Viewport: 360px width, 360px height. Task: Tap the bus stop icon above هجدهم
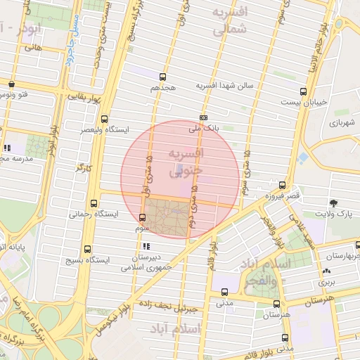point(163,77)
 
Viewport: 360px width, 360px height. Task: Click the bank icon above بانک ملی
point(203,118)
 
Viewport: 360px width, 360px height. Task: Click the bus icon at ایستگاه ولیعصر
point(104,120)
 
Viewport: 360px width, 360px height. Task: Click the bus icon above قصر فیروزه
point(282,185)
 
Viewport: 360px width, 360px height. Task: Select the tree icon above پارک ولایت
point(342,202)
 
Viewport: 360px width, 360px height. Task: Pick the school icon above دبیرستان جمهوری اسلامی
point(146,247)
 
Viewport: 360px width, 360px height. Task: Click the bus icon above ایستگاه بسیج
point(87,248)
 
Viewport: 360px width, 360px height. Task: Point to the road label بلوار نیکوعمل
point(116,308)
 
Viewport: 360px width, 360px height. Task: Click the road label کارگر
point(85,169)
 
